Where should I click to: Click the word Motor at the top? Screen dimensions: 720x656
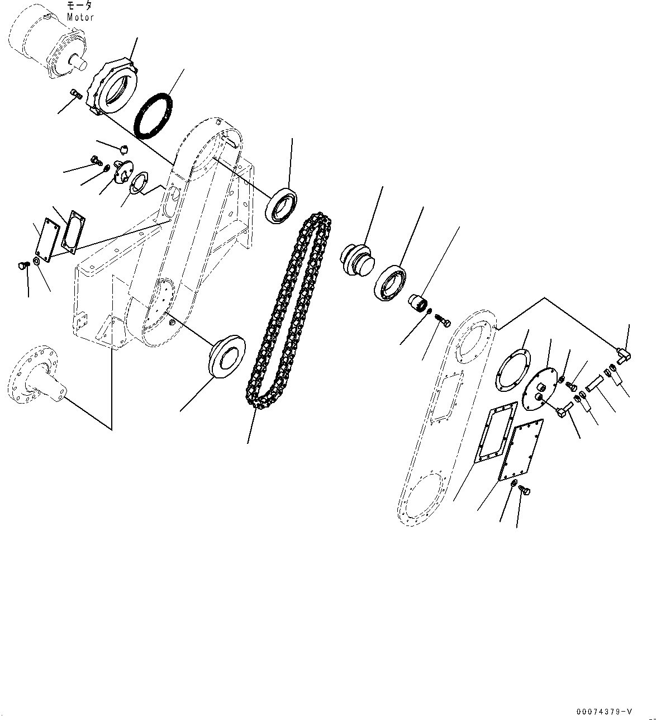pyautogui.click(x=80, y=17)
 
